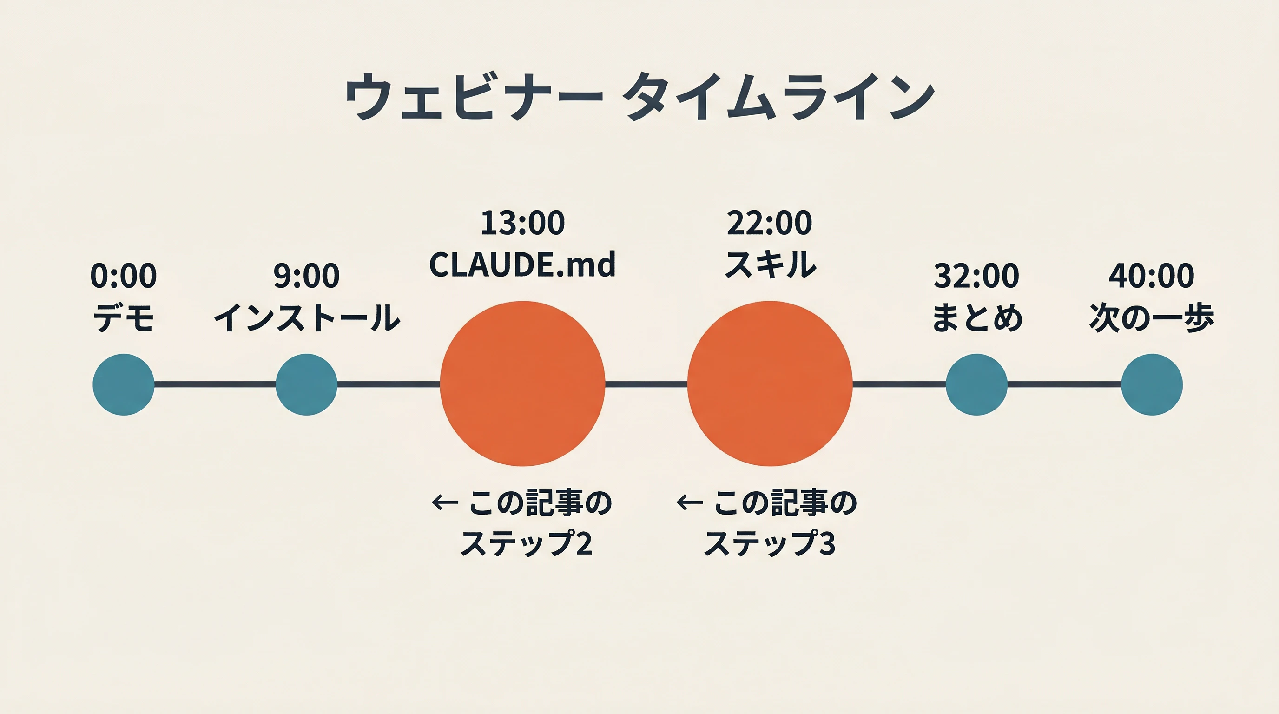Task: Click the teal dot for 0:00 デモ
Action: tap(124, 384)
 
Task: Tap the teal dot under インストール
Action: tap(306, 384)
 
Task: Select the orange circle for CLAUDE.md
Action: tap(522, 383)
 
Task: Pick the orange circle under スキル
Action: tap(770, 383)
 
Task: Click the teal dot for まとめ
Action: tap(976, 384)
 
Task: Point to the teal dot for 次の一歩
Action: tap(1152, 384)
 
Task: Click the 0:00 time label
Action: tap(124, 276)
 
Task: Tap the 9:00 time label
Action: tap(306, 276)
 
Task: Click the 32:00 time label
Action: tap(976, 276)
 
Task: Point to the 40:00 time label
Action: tap(1152, 276)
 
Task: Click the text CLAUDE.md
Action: tap(522, 264)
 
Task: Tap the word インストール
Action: tap(306, 318)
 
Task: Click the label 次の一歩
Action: tap(1152, 318)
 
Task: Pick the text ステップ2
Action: tap(526, 543)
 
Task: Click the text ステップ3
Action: tap(770, 543)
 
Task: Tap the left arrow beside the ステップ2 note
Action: tap(444, 503)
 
